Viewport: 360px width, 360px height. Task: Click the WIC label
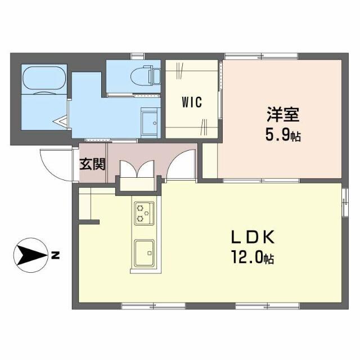(x=192, y=102)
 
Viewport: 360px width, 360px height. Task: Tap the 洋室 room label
(x=283, y=114)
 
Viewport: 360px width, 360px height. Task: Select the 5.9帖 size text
(x=283, y=135)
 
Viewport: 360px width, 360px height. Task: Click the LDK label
(x=253, y=237)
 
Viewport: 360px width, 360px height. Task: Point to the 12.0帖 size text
(x=253, y=257)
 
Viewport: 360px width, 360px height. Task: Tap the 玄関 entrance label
(x=92, y=164)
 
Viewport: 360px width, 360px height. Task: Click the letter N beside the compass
(x=55, y=255)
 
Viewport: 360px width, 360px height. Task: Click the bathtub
(x=44, y=79)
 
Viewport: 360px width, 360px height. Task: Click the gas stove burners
(x=144, y=213)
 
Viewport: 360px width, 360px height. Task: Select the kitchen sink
(x=144, y=253)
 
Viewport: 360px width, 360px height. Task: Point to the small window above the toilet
(x=137, y=56)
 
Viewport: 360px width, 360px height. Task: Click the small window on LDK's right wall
(x=345, y=202)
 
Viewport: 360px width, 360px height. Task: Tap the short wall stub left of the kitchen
(x=89, y=222)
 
